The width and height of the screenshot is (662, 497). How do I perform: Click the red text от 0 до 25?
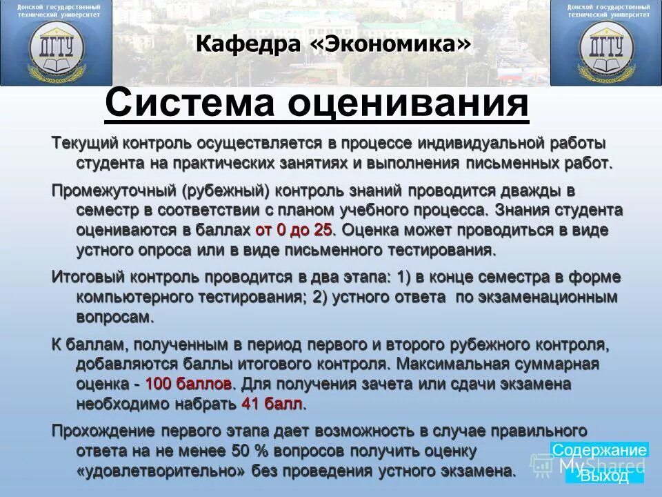tap(294, 229)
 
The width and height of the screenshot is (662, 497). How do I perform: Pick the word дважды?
tap(522, 190)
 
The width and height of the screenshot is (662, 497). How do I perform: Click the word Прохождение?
tap(103, 431)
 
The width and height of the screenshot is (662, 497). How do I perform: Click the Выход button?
tap(604, 476)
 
